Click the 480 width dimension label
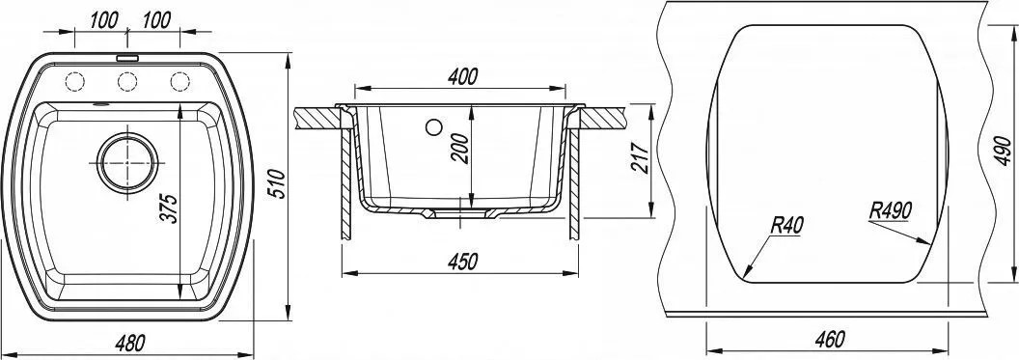(130, 342)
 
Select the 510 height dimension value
(276, 184)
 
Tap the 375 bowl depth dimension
(168, 208)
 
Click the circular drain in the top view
(127, 162)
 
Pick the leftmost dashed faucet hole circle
(74, 81)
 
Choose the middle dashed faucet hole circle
(127, 81)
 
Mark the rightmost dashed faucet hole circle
(180, 81)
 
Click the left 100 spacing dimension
(104, 20)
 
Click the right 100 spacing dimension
(156, 20)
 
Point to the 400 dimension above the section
(463, 76)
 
